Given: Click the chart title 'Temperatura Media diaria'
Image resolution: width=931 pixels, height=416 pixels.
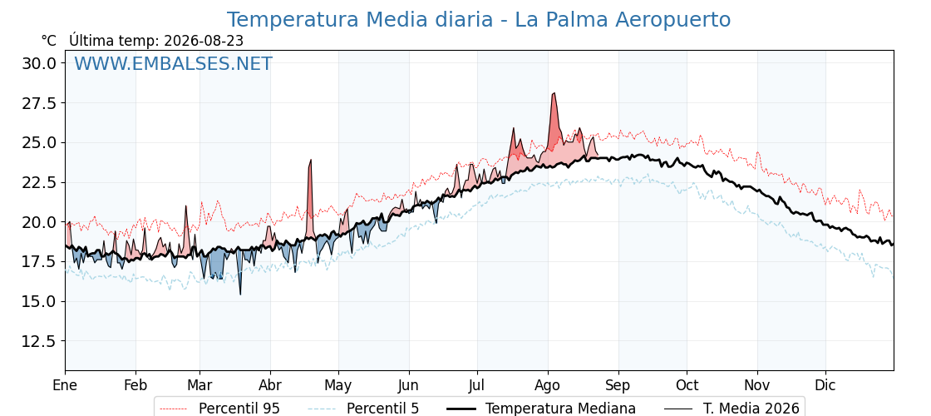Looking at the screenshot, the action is (x=360, y=20).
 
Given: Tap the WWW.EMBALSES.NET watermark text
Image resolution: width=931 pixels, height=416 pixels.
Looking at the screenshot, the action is (x=173, y=63).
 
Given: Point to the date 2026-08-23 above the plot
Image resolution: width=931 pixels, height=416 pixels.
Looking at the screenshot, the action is (x=204, y=41).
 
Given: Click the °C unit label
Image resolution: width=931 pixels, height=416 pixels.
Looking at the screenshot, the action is (x=49, y=41).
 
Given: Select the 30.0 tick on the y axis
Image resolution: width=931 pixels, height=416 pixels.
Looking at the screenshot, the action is (x=39, y=63).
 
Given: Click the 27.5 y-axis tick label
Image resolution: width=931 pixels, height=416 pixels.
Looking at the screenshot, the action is (x=39, y=103).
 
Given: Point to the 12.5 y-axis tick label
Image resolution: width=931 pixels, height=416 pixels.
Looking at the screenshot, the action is (x=39, y=341).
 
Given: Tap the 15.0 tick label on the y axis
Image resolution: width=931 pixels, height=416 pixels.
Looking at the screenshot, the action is (x=39, y=301).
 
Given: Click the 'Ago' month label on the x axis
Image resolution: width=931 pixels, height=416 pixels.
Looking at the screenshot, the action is (x=548, y=385).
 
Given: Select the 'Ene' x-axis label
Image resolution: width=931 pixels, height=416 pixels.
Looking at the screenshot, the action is (x=65, y=385).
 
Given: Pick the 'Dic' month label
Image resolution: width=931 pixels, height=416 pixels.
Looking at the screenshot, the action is (x=825, y=385).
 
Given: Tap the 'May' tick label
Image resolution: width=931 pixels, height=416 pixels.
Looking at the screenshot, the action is (x=338, y=385).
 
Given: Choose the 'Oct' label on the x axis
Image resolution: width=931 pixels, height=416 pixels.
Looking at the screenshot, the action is (x=687, y=385).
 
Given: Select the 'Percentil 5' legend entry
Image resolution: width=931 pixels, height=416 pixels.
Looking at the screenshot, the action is (x=364, y=409).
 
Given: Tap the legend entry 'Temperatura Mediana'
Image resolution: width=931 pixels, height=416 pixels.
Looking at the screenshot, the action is (x=540, y=409).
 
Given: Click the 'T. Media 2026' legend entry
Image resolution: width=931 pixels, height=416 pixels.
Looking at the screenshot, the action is (x=732, y=409).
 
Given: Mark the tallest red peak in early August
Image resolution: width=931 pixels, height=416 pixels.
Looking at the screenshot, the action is (x=554, y=93).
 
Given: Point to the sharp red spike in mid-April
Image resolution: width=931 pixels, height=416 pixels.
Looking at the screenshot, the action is (x=310, y=160).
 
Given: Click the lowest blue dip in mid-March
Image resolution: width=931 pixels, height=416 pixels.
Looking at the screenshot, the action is (x=240, y=295).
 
